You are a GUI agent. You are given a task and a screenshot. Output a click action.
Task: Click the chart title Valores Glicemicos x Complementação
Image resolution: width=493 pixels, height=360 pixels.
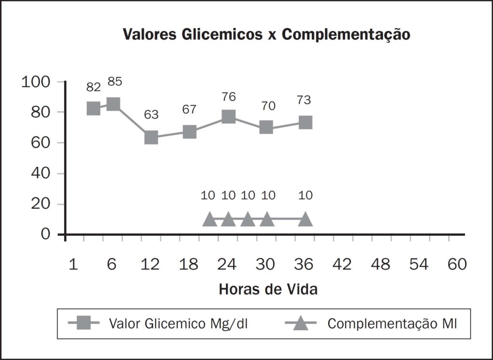click(x=266, y=35)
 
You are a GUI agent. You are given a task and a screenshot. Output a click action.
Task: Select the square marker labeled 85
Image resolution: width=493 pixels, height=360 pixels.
click(x=113, y=104)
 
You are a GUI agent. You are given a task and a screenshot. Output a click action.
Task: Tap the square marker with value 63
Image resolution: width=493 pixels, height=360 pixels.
click(x=151, y=137)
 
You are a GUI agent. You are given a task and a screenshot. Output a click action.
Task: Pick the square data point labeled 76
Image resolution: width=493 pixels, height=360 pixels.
click(x=228, y=117)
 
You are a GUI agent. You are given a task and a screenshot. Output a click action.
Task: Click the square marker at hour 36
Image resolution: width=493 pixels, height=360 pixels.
click(x=305, y=122)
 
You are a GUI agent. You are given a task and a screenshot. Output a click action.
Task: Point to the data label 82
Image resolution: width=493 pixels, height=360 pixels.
click(x=93, y=87)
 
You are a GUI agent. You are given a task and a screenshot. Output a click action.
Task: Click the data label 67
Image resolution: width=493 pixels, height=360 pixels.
click(x=189, y=109)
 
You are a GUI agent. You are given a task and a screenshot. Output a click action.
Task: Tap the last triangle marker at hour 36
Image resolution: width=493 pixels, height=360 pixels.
click(x=305, y=219)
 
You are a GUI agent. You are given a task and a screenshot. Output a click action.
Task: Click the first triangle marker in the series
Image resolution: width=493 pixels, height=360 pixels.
click(x=209, y=219)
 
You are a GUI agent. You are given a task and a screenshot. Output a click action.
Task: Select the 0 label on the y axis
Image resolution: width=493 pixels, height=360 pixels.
click(x=46, y=234)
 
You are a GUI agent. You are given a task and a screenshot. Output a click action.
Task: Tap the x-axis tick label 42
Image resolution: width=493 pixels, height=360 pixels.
click(x=343, y=265)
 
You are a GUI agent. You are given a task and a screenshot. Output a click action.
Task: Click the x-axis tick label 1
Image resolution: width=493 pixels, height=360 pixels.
click(x=73, y=265)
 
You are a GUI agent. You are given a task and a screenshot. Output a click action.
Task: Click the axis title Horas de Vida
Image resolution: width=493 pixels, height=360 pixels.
click(x=268, y=290)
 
